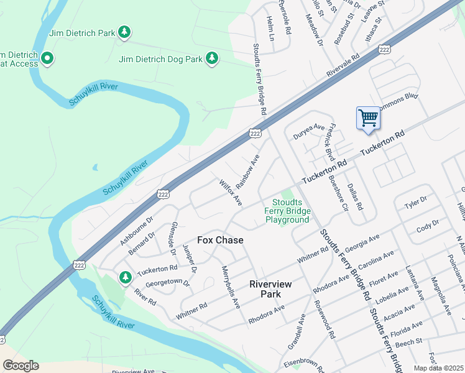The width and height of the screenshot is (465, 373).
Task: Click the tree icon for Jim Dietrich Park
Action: pyautogui.click(x=124, y=32)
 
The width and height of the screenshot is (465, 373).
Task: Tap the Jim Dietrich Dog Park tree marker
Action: pyautogui.click(x=213, y=58)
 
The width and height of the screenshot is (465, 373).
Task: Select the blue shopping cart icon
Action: pyautogui.click(x=368, y=117)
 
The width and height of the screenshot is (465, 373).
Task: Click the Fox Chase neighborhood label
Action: pyautogui.click(x=220, y=240)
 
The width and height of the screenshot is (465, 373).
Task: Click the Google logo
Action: pyautogui.click(x=21, y=366)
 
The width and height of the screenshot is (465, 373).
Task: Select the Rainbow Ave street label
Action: pyautogui.click(x=247, y=169)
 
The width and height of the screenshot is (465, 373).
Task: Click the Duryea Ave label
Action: pyautogui.click(x=310, y=131)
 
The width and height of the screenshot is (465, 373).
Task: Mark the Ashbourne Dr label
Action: pyautogui.click(x=136, y=230)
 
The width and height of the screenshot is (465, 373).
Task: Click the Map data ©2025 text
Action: pyautogui.click(x=438, y=368)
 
